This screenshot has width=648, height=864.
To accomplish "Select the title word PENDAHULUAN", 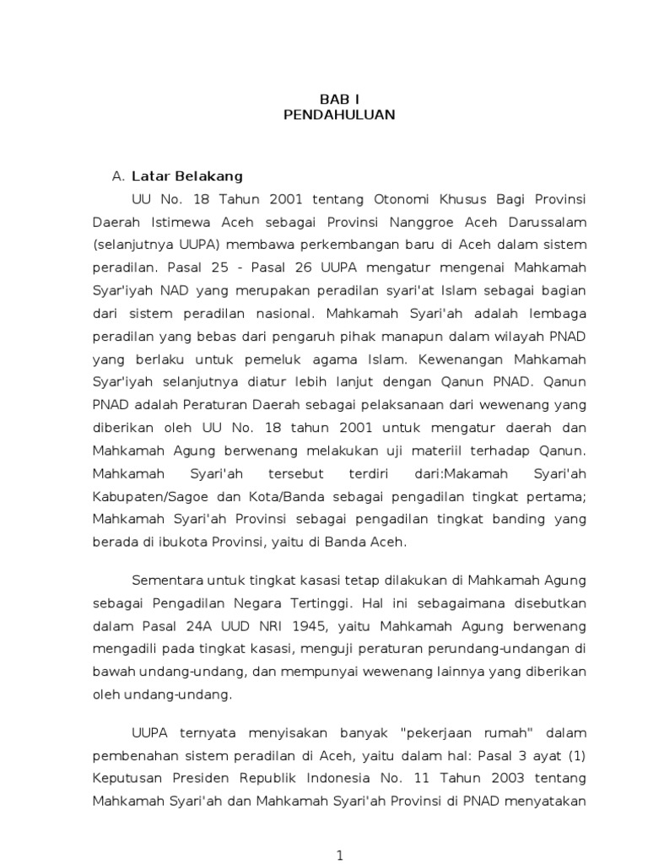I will (x=338, y=115).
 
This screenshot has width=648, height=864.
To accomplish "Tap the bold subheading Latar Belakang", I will (x=187, y=176).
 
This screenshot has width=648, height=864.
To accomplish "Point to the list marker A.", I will (x=118, y=176).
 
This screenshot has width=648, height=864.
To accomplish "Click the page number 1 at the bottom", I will (x=340, y=855).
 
